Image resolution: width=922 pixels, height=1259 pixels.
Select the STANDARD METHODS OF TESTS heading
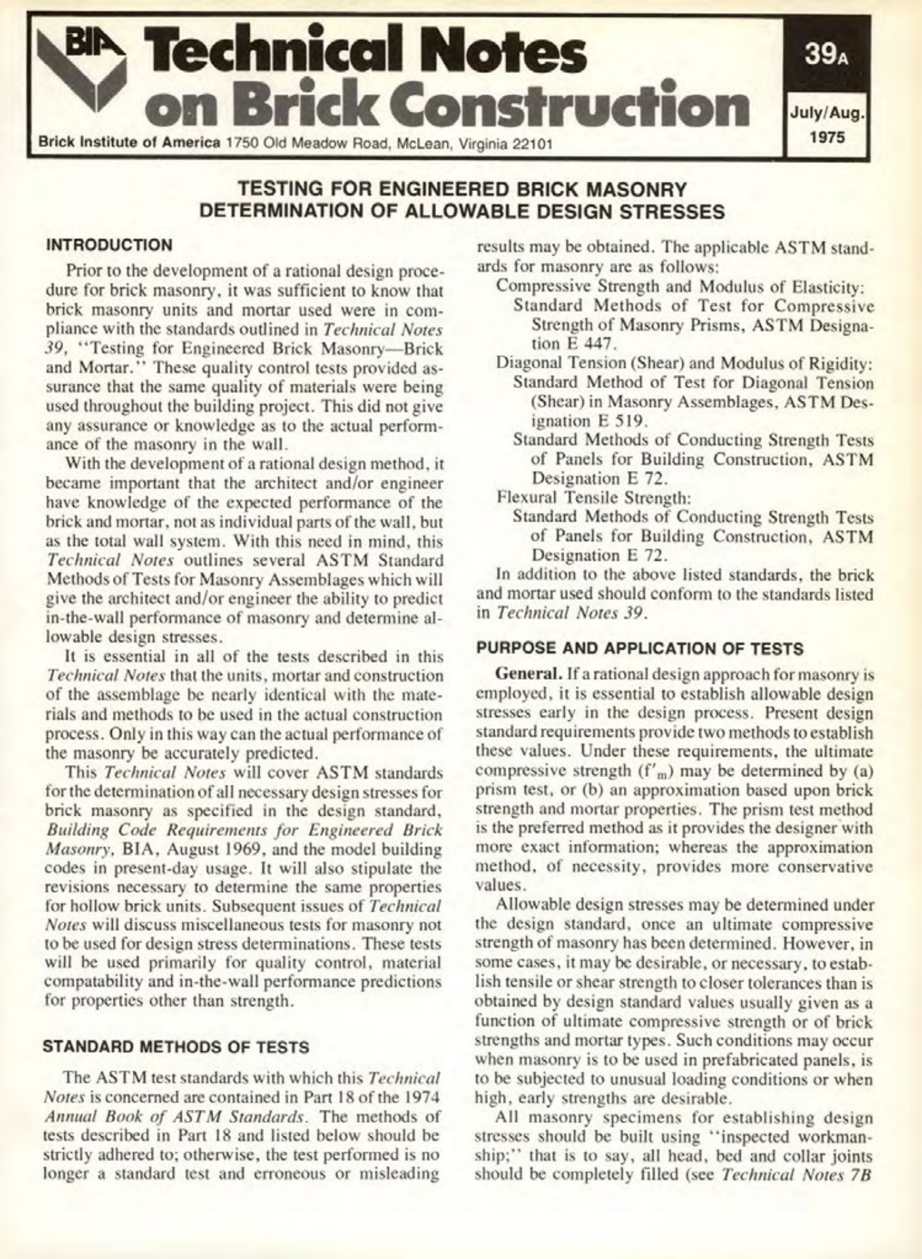(175, 1047)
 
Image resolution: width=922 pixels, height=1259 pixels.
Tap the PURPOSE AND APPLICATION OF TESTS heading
(640, 649)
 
